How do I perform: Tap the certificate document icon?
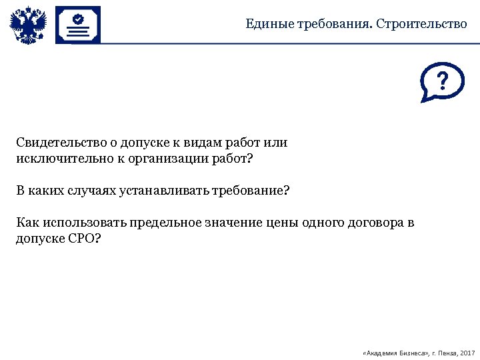click(78, 25)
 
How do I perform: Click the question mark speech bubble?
click(442, 83)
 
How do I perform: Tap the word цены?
click(279, 222)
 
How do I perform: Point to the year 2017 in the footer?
click(468, 352)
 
